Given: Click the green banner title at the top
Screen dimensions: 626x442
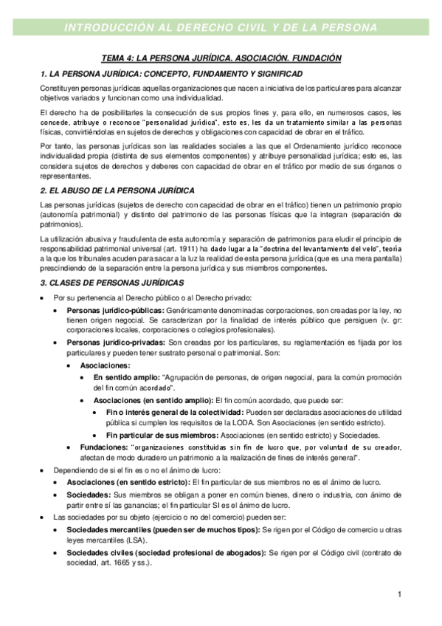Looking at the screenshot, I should (221, 28).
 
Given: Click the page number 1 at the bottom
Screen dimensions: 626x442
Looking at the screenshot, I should (398, 594).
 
